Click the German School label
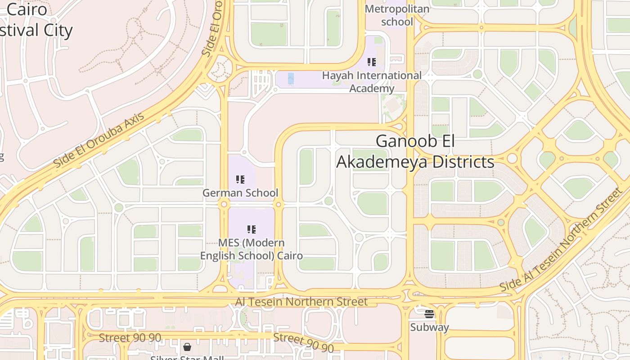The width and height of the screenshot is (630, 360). pos(240,193)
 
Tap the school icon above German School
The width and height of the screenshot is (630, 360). pos(240,180)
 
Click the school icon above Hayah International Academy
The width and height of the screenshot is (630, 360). pos(371,62)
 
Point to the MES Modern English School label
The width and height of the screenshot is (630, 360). pos(251,249)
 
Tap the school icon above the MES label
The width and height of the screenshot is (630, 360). pos(252,229)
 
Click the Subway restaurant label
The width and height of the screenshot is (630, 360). pos(429,327)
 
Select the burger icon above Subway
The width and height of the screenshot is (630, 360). pos(429,314)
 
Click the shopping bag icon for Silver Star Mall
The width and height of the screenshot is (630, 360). pos(187,347)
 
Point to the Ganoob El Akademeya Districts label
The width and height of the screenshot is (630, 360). pos(415,151)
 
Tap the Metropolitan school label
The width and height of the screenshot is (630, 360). pos(397,15)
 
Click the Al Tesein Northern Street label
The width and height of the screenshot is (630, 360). pos(301,301)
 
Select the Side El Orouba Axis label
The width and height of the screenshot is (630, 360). pos(99,140)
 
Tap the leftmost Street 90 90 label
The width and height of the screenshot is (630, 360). pos(130,337)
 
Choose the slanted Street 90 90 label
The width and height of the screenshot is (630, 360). pos(304,342)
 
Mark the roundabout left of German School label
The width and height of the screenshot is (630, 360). pos(224,205)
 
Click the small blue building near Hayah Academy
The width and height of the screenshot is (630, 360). pos(291,78)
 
